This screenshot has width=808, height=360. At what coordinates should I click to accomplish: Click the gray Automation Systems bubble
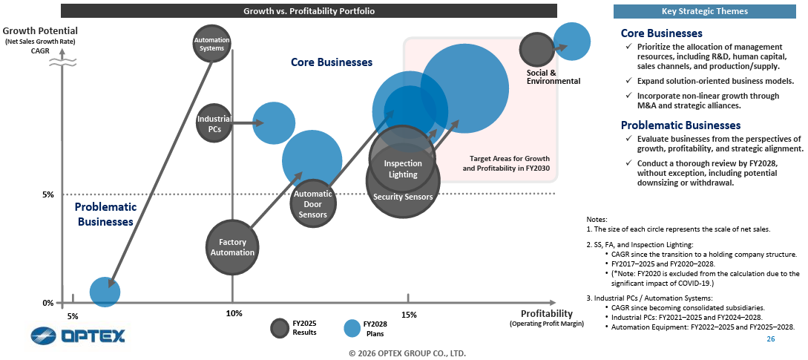(211, 43)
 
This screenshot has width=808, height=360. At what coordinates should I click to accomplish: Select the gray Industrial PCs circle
(214, 123)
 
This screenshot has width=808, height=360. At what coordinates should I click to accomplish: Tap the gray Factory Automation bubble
(232, 247)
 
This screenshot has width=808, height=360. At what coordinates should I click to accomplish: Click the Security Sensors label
(403, 197)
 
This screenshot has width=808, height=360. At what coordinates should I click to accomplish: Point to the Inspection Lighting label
(403, 169)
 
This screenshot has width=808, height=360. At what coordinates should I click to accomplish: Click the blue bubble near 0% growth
(105, 292)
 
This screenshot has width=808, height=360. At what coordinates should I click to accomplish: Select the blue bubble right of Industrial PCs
(274, 123)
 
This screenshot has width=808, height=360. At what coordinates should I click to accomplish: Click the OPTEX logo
(78, 336)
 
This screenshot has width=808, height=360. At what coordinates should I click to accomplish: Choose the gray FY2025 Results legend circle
(280, 327)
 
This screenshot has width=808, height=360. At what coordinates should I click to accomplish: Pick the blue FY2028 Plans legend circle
(353, 327)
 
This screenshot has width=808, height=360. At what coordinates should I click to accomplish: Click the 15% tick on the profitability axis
(409, 314)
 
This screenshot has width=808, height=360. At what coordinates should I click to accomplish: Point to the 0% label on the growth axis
(47, 303)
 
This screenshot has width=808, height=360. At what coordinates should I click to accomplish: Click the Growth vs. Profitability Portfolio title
(309, 11)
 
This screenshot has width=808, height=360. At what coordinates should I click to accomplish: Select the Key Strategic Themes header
(704, 11)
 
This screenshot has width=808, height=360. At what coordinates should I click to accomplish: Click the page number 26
(770, 338)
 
